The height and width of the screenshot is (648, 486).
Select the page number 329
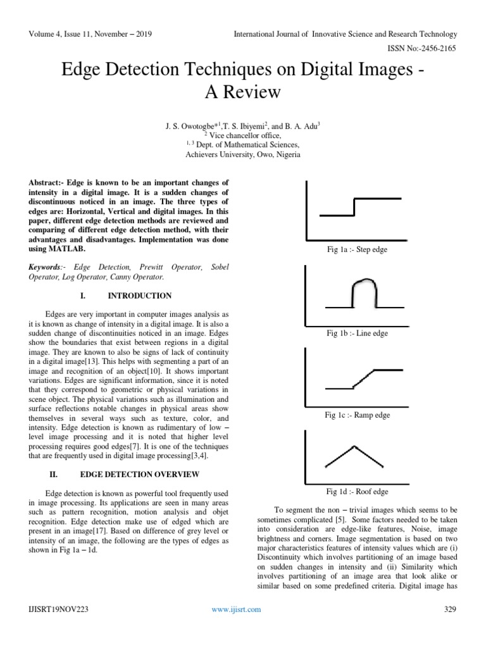click(x=451, y=609)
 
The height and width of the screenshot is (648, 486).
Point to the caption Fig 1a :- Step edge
click(x=357, y=250)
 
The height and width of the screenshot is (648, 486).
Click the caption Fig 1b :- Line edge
click(x=358, y=333)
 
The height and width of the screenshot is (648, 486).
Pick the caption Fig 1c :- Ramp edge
click(x=358, y=415)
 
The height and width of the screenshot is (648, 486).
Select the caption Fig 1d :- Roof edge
click(x=358, y=491)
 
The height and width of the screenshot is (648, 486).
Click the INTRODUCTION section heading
click(x=140, y=296)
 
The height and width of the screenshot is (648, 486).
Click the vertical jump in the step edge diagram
click(x=354, y=206)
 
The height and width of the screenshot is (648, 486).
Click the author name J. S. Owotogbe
click(x=187, y=125)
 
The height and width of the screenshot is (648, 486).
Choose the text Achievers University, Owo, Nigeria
click(x=234, y=154)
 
